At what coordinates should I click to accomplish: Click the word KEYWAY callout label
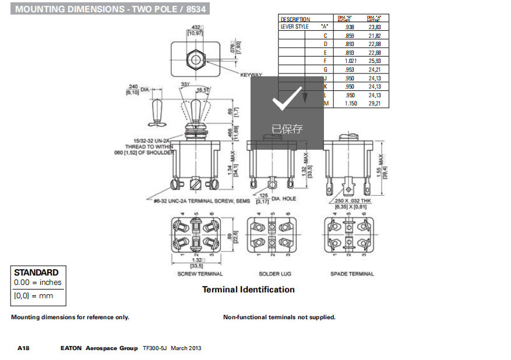252,75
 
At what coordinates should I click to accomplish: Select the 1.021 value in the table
350,61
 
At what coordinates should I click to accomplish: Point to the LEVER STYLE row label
295,27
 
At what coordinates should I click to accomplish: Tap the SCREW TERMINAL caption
200,274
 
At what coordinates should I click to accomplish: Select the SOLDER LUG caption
275,274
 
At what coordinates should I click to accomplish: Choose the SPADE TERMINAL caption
352,274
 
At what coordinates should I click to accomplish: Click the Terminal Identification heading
248,290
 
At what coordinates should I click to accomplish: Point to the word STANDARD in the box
36,272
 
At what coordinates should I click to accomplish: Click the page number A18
23,348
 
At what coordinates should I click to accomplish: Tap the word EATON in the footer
71,348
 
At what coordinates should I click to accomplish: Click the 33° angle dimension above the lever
186,84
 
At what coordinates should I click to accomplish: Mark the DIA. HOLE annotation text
284,199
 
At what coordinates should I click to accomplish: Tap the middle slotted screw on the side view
196,185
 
